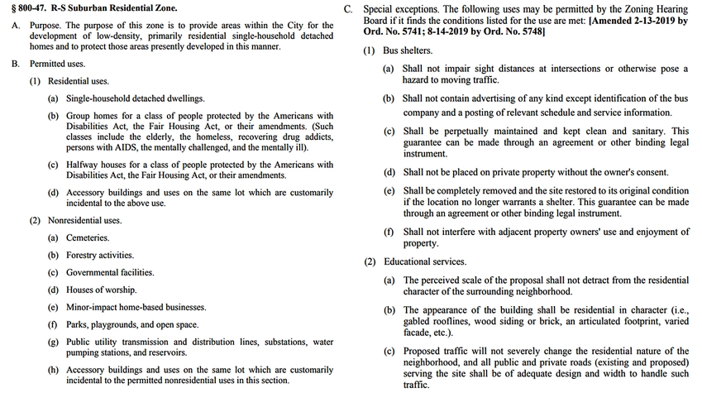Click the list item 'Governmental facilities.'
(x=110, y=272)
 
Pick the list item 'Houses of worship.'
(x=102, y=290)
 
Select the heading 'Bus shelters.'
(x=407, y=51)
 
